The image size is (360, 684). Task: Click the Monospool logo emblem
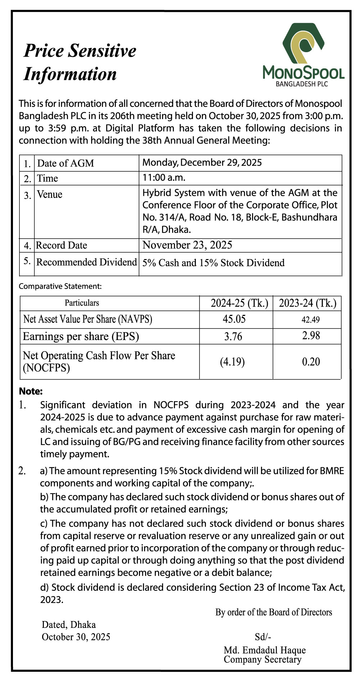(x=303, y=44)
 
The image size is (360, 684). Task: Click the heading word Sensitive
(x=103, y=51)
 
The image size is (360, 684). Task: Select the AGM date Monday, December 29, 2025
(x=202, y=163)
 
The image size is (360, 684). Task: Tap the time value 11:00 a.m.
(x=164, y=177)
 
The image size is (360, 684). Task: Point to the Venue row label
(x=50, y=195)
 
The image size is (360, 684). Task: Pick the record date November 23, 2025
(x=187, y=245)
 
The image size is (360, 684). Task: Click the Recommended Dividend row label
(x=86, y=262)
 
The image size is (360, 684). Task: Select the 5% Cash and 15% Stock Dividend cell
(x=213, y=263)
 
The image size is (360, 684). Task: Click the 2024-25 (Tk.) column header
(x=239, y=303)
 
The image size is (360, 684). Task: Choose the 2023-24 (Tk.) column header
(x=307, y=303)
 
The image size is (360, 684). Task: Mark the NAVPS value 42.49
(x=311, y=320)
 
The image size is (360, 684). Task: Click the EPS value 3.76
(x=233, y=336)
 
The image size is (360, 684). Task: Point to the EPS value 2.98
(x=311, y=336)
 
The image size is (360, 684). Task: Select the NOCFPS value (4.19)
(x=232, y=362)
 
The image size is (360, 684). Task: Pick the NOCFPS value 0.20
(x=311, y=362)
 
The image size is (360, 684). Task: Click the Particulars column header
(x=82, y=303)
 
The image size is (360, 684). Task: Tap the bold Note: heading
(x=31, y=391)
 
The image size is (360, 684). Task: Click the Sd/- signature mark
(x=263, y=637)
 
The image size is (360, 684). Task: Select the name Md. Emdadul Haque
(x=265, y=650)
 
